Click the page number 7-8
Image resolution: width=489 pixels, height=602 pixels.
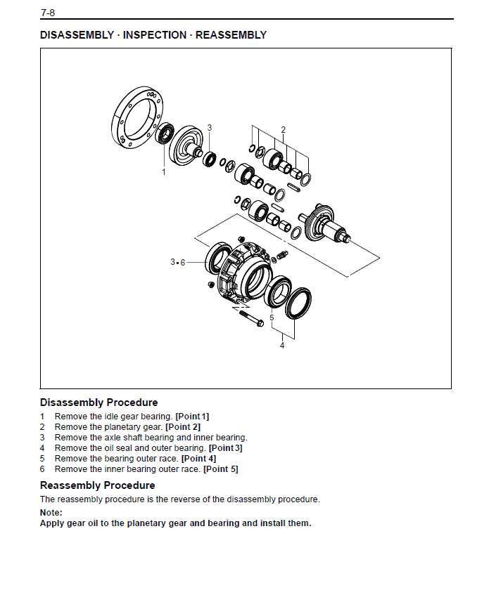tap(47, 12)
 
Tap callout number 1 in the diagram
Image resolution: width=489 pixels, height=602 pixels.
tap(164, 171)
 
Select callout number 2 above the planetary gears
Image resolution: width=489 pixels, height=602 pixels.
tap(283, 129)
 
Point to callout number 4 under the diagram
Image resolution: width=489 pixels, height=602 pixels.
tap(282, 345)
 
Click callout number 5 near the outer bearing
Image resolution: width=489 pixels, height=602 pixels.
tap(272, 318)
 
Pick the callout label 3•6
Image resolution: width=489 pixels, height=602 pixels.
tap(177, 262)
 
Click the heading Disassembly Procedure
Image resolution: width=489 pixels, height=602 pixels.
tap(99, 403)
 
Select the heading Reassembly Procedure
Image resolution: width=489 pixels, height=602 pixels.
tap(97, 485)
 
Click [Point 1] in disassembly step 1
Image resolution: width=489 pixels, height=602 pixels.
tap(192, 417)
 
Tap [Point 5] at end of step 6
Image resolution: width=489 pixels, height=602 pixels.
tap(221, 469)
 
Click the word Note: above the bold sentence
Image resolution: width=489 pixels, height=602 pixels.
tap(51, 513)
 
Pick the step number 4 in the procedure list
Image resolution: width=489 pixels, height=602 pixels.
tap(42, 448)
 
